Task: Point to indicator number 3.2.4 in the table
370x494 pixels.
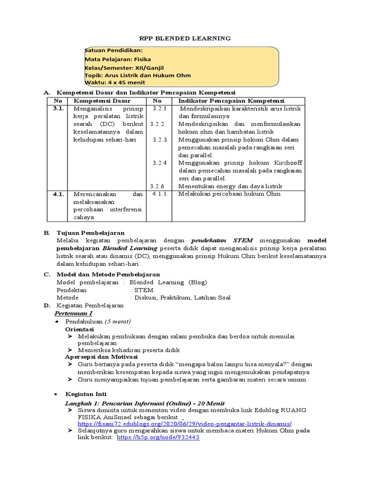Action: point(159,163)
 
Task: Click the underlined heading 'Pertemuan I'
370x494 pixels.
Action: point(79,313)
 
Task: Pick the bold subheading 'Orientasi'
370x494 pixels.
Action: point(79,329)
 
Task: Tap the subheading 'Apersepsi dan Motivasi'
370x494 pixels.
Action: point(101,357)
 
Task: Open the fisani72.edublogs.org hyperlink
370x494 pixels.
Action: point(184,424)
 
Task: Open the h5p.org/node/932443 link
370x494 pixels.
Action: point(158,437)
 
